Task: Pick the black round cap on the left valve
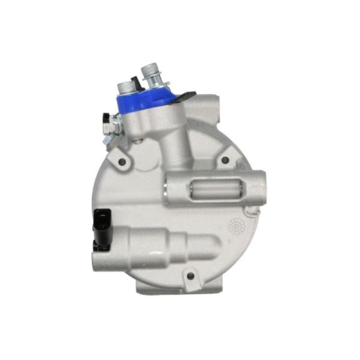click(x=107, y=118)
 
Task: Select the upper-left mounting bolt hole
click(x=121, y=161)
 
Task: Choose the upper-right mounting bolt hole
click(x=225, y=160)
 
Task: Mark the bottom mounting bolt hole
click(x=190, y=274)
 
